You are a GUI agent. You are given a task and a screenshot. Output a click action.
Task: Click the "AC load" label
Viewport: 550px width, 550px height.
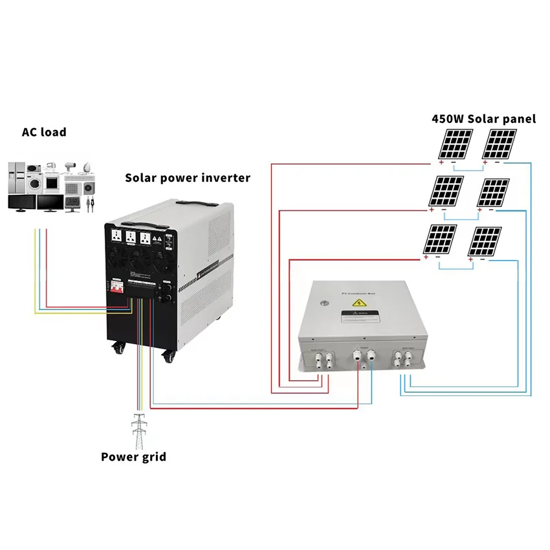pos(45,132)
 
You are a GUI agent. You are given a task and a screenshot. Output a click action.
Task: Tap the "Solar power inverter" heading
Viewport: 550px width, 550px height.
pos(188,177)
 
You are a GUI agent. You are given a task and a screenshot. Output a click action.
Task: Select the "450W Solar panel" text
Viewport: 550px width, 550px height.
pos(484,118)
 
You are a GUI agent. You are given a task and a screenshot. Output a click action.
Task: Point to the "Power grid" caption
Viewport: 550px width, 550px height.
pos(133,457)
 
